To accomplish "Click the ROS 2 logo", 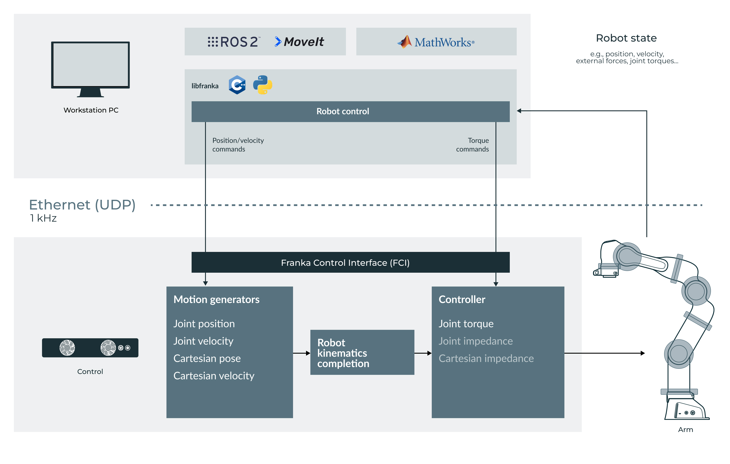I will (x=233, y=42).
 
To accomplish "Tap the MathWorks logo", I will (x=436, y=42).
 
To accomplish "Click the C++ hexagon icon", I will (x=237, y=85).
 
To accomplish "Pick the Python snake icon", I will (x=262, y=85).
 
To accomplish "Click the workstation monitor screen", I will (x=90, y=64).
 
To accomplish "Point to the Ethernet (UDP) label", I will (x=82, y=205).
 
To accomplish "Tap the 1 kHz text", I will (x=43, y=218).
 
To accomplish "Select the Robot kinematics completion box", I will (x=362, y=353).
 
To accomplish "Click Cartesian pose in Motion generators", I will (x=207, y=358).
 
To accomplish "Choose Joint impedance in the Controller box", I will (x=475, y=341).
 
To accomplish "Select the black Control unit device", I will (x=90, y=348).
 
